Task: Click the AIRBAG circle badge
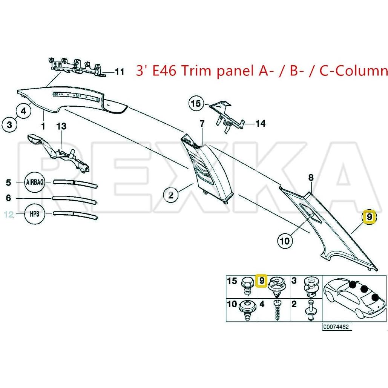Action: (x=35, y=182)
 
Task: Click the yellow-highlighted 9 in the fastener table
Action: (x=261, y=281)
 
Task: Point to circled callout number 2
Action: (x=171, y=195)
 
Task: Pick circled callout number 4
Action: (x=23, y=111)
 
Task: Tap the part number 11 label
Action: (x=119, y=72)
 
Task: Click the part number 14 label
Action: (x=261, y=123)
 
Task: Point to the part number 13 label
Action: (x=61, y=126)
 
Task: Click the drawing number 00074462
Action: (x=337, y=327)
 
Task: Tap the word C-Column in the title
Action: (x=354, y=71)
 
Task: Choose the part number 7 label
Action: (x=202, y=123)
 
